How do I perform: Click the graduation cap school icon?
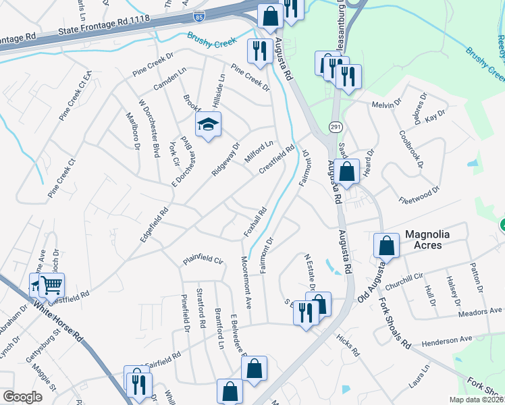(209, 124)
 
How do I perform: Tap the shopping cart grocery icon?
(51, 284)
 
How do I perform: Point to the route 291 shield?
(334, 127)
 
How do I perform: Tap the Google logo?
(22, 397)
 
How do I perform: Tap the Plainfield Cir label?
(203, 259)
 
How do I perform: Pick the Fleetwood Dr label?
(419, 186)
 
